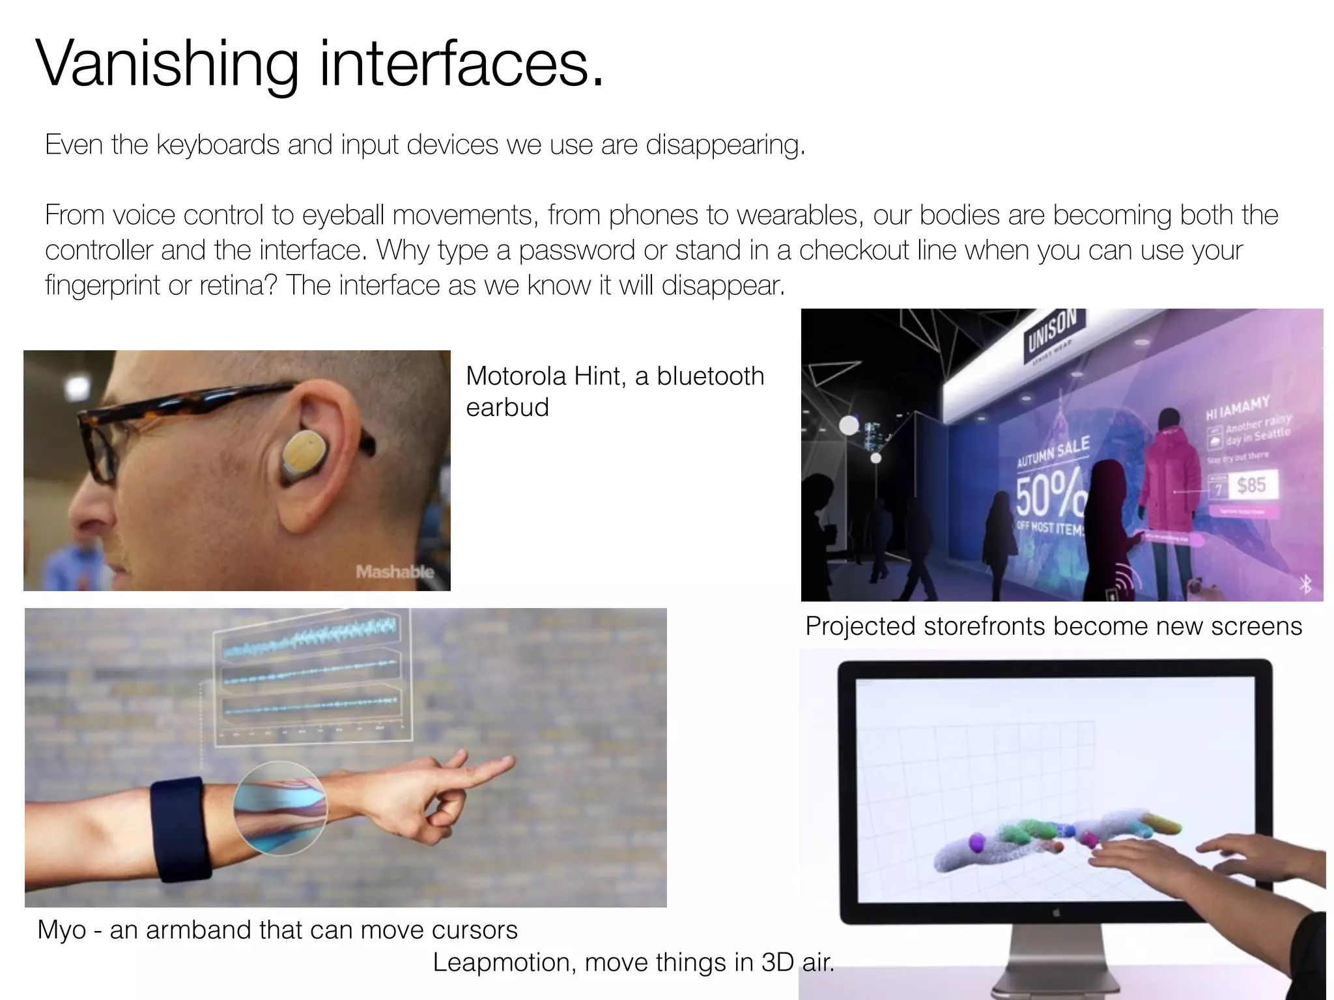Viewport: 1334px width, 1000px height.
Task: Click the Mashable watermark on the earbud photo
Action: (x=394, y=572)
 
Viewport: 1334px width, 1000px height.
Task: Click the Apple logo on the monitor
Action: (x=1056, y=913)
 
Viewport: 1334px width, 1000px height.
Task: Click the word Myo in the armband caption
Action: (x=61, y=930)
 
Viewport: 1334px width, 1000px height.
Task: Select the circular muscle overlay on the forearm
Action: (x=280, y=808)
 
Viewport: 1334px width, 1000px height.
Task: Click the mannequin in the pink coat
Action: (x=1169, y=482)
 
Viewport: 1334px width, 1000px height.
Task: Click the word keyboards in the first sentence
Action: (x=218, y=145)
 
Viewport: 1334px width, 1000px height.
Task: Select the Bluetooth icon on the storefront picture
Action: (x=1305, y=584)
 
